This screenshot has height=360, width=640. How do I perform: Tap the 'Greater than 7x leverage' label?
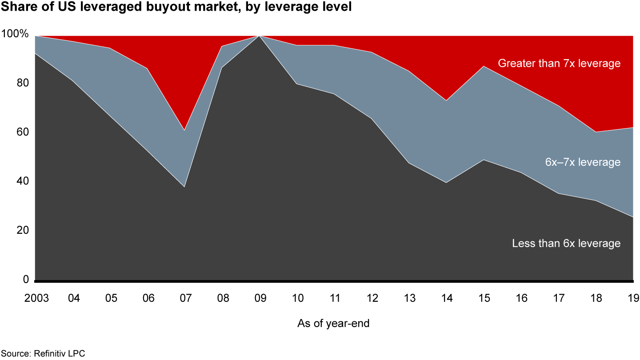pos(559,64)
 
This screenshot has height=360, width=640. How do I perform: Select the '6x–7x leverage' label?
pos(582,162)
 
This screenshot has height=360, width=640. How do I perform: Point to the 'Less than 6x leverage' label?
pos(566,244)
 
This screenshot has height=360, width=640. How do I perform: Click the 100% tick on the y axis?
pos(15,34)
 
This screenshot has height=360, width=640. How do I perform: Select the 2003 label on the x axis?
pos(36,298)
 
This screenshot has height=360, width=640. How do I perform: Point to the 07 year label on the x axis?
pos(185,298)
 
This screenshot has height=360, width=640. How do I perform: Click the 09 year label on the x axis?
pos(260,298)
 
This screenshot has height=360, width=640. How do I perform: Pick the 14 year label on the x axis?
pos(447,298)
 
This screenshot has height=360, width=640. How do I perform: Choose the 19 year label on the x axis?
pos(633,298)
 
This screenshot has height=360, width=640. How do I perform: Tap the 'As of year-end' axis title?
pos(333,324)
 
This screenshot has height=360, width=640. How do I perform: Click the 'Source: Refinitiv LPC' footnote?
pos(42,354)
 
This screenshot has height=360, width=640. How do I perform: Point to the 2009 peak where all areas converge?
pos(260,36)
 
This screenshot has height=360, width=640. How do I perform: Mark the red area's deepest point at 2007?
pos(184,130)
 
